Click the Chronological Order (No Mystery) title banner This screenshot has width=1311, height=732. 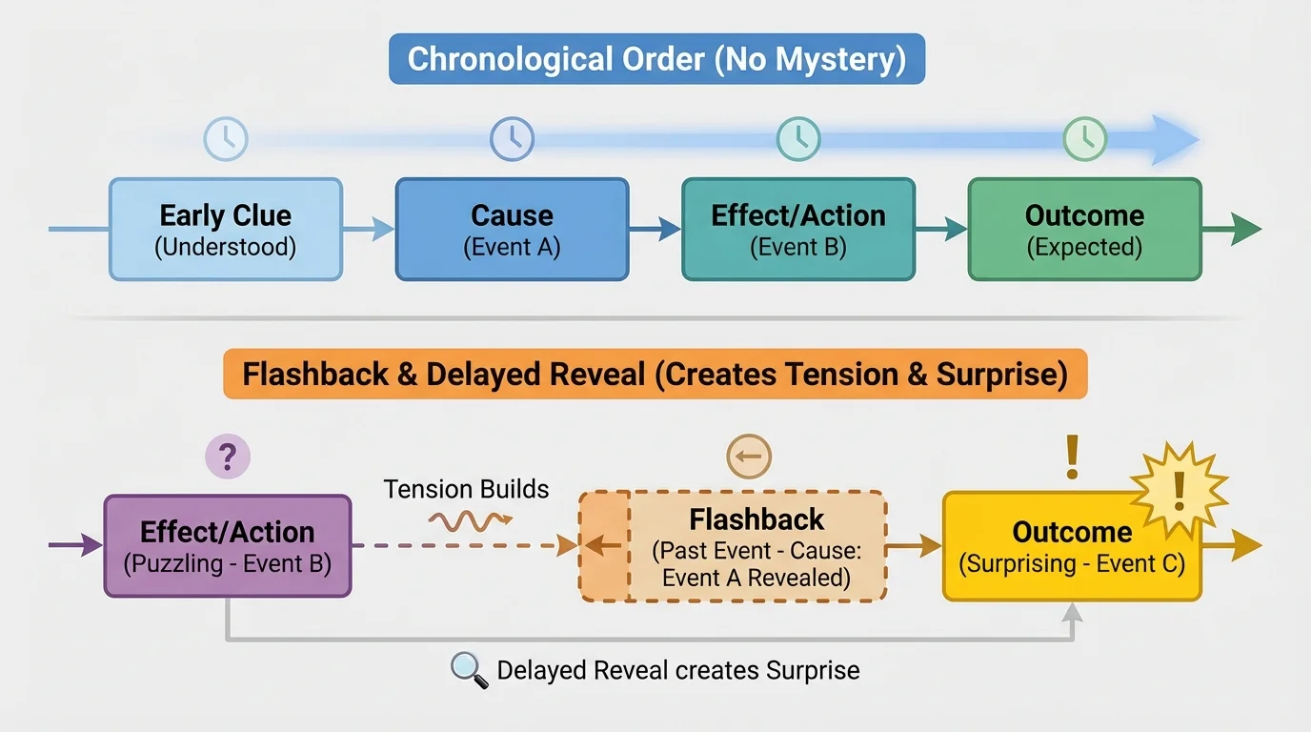click(x=656, y=59)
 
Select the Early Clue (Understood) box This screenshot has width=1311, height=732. click(x=226, y=230)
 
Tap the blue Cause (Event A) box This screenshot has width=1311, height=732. click(x=512, y=230)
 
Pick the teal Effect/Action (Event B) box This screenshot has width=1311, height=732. click(x=798, y=230)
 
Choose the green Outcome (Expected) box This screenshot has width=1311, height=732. click(x=1084, y=230)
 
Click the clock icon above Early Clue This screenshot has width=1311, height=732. click(x=226, y=139)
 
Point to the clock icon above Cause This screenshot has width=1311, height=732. click(x=512, y=139)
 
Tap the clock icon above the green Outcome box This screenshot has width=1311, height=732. click(x=1084, y=139)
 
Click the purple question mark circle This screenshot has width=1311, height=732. click(x=228, y=457)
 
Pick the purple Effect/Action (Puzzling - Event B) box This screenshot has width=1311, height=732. click(x=228, y=546)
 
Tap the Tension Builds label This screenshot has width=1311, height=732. click(x=466, y=490)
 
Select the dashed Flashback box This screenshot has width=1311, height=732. click(x=734, y=546)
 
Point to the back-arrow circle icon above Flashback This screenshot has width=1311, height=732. click(x=749, y=457)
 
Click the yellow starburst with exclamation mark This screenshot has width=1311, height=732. click(x=1179, y=489)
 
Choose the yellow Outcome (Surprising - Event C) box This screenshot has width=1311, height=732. click(x=1071, y=553)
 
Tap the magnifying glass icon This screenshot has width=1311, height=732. click(x=468, y=670)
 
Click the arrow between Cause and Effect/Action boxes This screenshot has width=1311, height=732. click(x=655, y=229)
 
